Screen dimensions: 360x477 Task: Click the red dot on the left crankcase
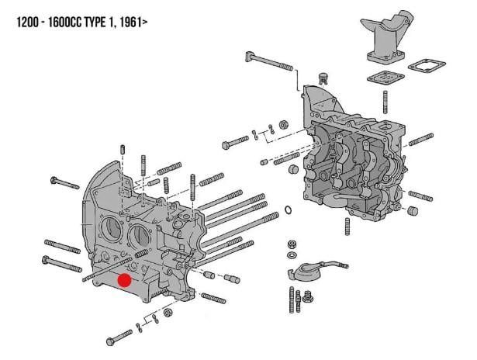[x=123, y=280]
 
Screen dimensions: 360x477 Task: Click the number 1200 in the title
[x=32, y=24]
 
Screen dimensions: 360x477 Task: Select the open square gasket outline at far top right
[x=426, y=70]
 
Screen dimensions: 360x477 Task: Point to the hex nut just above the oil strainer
[x=291, y=244]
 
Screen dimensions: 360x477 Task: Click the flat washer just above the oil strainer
[x=291, y=256]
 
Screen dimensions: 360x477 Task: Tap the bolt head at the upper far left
[x=54, y=181]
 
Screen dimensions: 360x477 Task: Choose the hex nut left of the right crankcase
[x=284, y=123]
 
